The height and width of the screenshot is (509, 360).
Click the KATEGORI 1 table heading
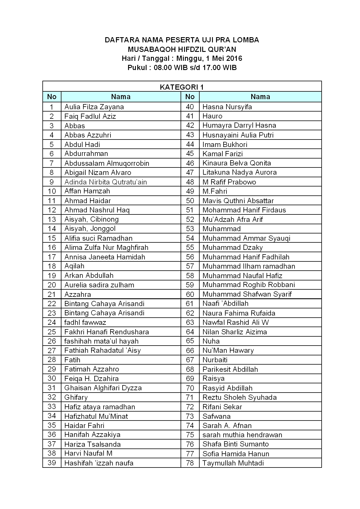point(182,87)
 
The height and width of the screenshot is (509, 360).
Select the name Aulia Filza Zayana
point(94,107)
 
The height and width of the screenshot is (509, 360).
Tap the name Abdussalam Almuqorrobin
point(107,163)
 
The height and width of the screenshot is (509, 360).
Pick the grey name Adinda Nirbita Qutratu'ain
point(106,182)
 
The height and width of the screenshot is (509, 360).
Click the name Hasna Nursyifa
point(227,107)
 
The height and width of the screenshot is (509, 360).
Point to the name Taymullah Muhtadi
point(233,463)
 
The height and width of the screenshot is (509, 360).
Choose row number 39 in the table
point(52,463)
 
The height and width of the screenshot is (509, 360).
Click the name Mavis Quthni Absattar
point(238,201)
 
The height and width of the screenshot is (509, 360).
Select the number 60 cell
point(190,294)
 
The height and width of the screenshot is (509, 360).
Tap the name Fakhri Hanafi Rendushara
point(106,332)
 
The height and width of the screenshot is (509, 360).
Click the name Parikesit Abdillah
point(230,369)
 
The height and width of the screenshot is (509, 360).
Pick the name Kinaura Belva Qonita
point(237,163)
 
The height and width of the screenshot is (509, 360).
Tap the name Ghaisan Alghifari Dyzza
point(103,388)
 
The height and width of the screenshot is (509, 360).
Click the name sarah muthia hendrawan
point(242,435)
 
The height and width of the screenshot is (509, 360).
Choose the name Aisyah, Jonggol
point(90,229)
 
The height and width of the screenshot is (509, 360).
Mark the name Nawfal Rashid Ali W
point(236,322)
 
